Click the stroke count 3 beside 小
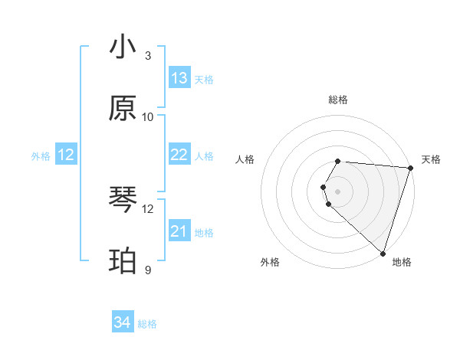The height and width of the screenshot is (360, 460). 147,56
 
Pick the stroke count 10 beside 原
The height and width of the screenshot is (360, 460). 148,116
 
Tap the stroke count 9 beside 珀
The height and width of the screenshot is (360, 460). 147,270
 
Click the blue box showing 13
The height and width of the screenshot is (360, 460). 179,78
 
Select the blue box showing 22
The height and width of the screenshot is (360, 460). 179,155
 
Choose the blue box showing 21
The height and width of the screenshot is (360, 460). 179,231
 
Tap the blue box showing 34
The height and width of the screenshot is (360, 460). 123,322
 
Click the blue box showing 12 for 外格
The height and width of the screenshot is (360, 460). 66,155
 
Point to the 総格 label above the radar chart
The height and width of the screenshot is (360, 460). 338,100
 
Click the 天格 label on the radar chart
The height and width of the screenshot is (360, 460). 431,159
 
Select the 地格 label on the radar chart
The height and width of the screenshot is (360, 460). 402,262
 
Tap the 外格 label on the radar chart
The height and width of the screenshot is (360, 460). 270,262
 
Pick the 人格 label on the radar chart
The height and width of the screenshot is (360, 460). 245,159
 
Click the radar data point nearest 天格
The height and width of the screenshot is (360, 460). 410,168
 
